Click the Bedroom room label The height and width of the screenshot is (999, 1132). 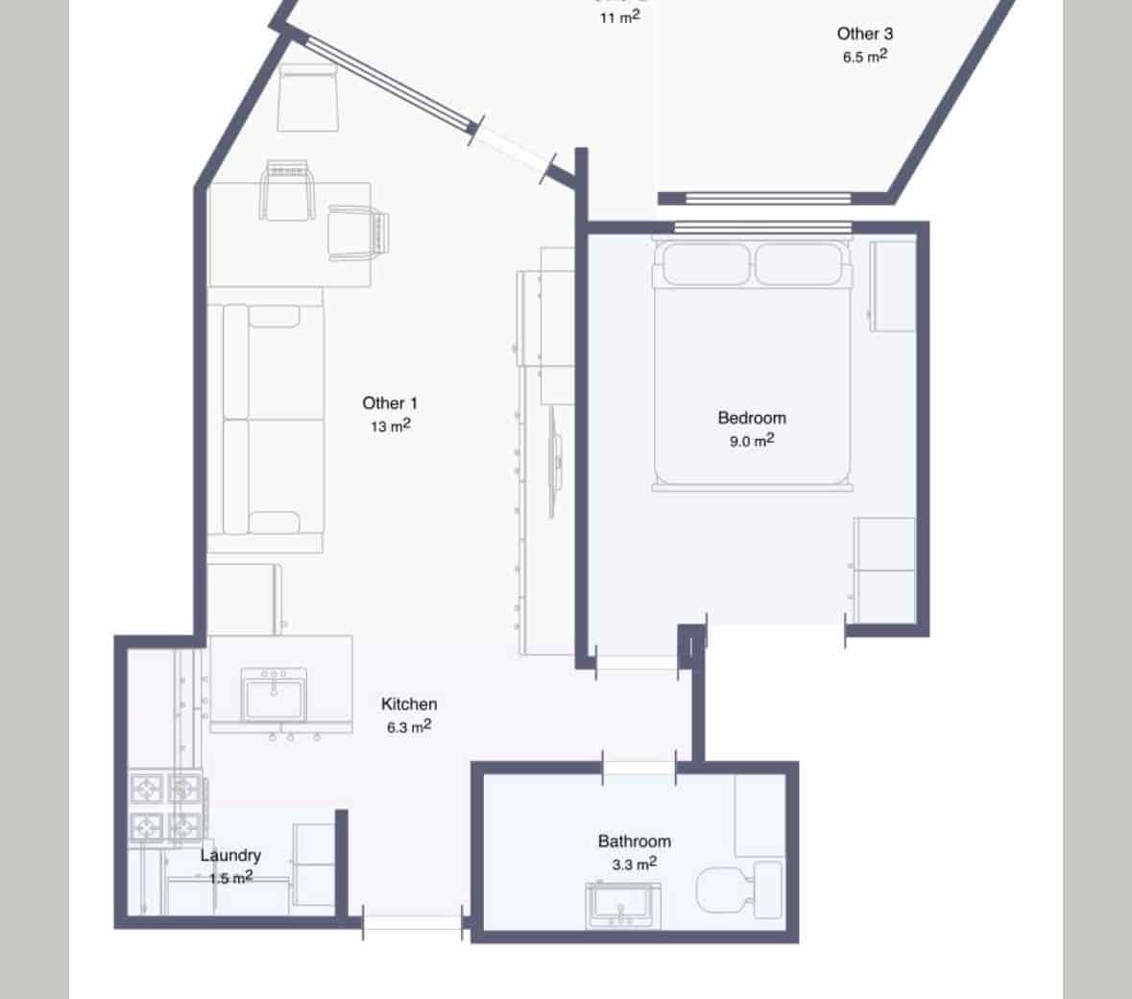[x=752, y=418]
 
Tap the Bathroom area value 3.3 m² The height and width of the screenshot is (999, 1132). [x=634, y=865]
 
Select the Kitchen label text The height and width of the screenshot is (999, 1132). [x=409, y=704]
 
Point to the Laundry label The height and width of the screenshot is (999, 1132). [x=230, y=855]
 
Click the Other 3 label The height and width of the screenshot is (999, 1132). [x=865, y=34]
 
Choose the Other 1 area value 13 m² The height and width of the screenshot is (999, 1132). [x=390, y=426]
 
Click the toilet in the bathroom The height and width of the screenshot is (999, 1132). [x=737, y=889]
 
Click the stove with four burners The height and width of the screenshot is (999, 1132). [x=166, y=807]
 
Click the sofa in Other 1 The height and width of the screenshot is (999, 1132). [x=264, y=420]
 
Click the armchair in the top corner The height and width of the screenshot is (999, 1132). [x=307, y=98]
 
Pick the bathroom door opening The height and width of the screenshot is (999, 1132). [x=638, y=767]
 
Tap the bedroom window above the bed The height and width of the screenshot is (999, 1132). [x=763, y=228]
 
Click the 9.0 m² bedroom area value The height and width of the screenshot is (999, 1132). [x=752, y=441]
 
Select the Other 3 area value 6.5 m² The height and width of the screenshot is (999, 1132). [x=864, y=57]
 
